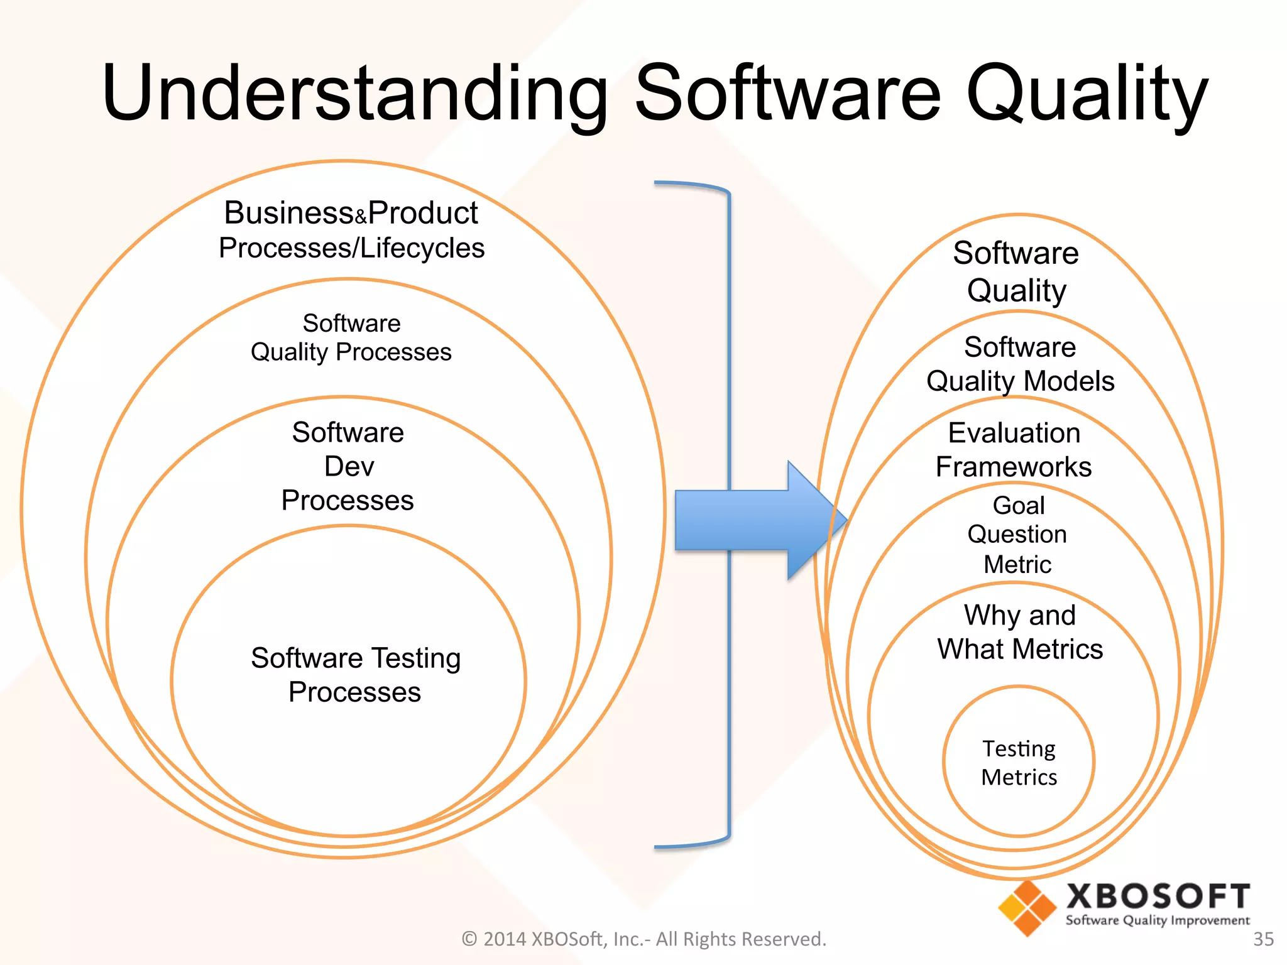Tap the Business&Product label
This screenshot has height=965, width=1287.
pos(351,213)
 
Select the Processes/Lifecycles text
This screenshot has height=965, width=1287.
pos(351,248)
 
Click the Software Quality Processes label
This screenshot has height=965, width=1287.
pos(351,338)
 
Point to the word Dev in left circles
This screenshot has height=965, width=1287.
pos(349,467)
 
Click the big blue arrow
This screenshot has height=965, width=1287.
pos(754,520)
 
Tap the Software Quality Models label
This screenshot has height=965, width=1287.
pos(1020,364)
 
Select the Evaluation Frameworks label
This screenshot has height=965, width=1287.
pos(1014,450)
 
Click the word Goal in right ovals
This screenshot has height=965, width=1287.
pos(1018,505)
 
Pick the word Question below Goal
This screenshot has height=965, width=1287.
pos(1017,535)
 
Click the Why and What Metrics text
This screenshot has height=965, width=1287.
pos(1020,632)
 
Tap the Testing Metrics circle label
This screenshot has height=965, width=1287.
pos(1019,763)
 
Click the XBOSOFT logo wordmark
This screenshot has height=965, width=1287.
pos(1158,897)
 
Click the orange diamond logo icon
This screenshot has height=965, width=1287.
pos(1027,908)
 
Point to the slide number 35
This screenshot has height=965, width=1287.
pos(1263,939)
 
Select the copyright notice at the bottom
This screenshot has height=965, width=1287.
pos(643,939)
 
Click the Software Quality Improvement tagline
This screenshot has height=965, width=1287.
pos(1158,920)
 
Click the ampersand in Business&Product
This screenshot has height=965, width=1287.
pos(361,218)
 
